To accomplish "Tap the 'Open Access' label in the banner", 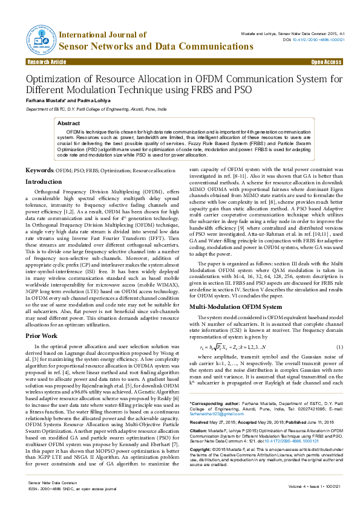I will (326, 62).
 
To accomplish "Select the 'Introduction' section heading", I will (43, 181).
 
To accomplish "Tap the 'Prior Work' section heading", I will (41, 335).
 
